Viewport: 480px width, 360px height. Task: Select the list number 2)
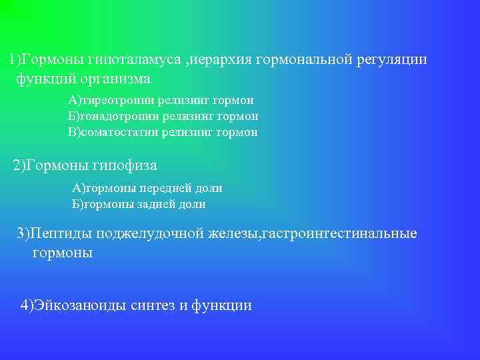click(x=20, y=165)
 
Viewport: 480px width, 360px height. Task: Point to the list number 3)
click(x=23, y=233)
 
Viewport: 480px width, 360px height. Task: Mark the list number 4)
click(x=28, y=306)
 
